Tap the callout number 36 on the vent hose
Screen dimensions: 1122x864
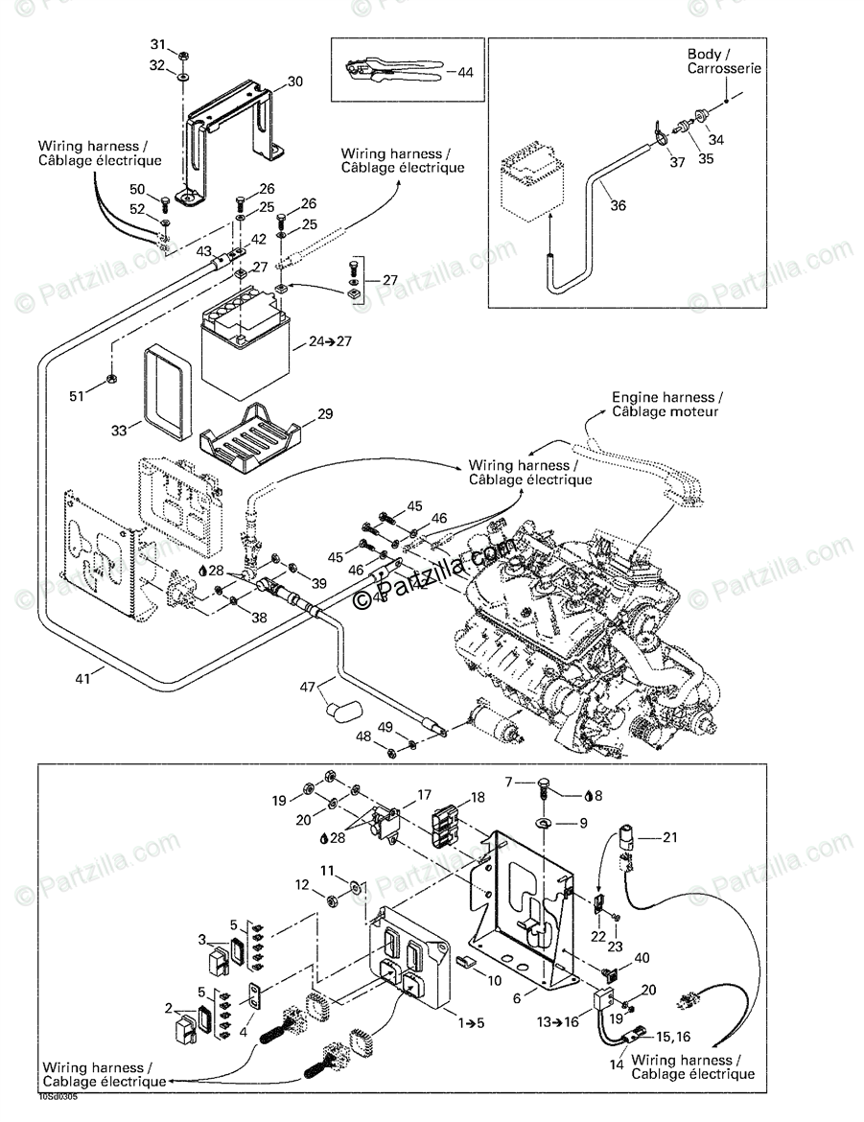pos(618,205)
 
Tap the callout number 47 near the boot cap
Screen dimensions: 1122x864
pos(307,687)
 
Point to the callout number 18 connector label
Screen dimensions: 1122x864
pos(478,798)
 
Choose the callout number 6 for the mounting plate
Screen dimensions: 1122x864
pos(518,997)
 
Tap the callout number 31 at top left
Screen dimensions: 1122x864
pos(158,45)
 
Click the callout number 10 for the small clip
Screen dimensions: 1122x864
pos(494,980)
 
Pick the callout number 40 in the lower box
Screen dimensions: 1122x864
pos(642,957)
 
